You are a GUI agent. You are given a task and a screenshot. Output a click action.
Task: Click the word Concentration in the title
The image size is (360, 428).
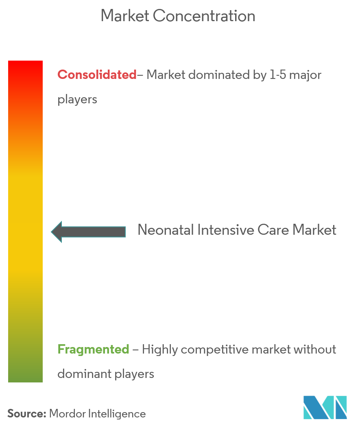(204, 15)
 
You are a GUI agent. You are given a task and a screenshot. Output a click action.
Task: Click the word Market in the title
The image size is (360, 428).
(125, 15)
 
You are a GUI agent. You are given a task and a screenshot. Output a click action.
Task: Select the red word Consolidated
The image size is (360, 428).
(97, 74)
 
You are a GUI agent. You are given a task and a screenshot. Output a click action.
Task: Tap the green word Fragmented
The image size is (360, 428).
(93, 349)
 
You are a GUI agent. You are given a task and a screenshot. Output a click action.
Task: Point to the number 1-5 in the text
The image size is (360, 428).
(277, 74)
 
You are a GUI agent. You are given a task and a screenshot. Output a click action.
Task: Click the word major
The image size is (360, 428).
(305, 75)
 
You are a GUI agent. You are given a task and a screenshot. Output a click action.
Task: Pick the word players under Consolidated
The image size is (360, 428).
(77, 100)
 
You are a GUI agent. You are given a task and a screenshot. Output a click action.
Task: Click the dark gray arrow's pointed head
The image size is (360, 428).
(52, 232)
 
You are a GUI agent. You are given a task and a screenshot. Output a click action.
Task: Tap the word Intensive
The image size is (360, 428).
(226, 229)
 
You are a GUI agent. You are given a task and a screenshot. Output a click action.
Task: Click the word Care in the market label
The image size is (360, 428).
(273, 229)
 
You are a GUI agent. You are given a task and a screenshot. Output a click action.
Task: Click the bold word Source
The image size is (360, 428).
(27, 413)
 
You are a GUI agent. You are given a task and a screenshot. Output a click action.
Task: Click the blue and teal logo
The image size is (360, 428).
(325, 407)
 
